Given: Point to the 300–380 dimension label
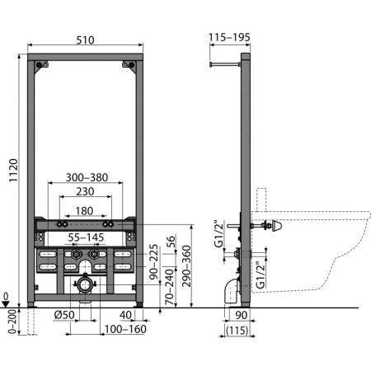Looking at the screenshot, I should pyautogui.click(x=86, y=176).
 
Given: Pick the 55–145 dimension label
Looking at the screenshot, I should pyautogui.click(x=87, y=237).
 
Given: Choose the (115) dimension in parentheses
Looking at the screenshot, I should pyautogui.click(x=239, y=331).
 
